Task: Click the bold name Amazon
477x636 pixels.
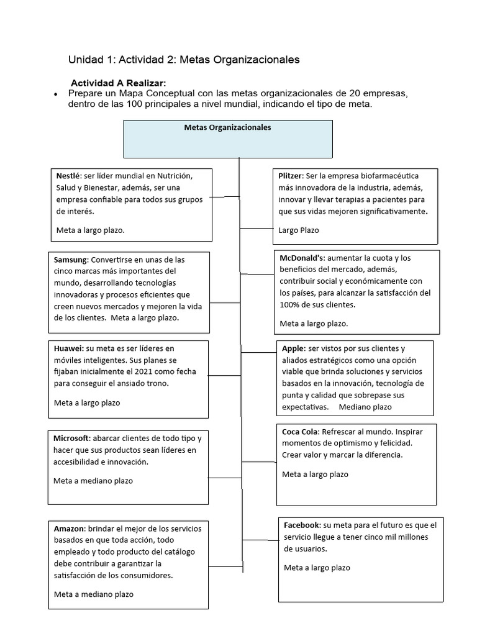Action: click(69, 529)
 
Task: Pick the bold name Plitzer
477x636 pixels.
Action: click(291, 176)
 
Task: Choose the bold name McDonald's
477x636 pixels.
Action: click(302, 258)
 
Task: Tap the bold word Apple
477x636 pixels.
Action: click(293, 348)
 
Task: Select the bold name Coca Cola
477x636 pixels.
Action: click(301, 432)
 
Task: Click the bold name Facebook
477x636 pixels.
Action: click(302, 525)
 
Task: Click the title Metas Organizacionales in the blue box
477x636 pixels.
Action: click(227, 127)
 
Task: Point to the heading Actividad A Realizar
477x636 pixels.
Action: click(118, 83)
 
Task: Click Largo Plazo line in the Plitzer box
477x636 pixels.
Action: click(299, 230)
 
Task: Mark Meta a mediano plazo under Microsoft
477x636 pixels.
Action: click(93, 481)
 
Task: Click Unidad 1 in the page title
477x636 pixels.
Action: click(91, 60)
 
